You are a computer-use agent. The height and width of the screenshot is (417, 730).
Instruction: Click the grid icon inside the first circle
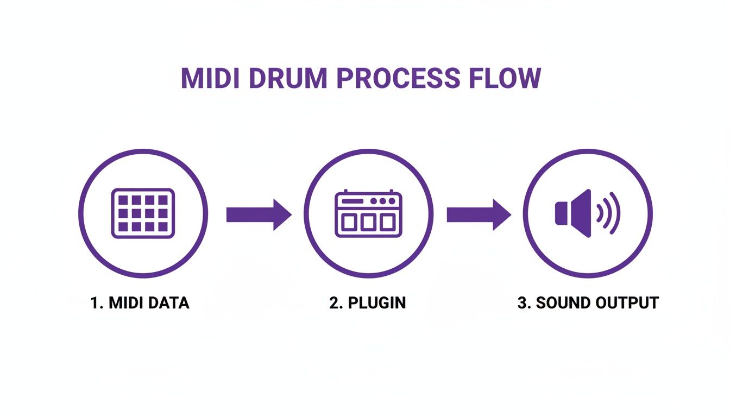(143, 213)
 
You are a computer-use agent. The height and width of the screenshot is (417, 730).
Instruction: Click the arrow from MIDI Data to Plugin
(259, 214)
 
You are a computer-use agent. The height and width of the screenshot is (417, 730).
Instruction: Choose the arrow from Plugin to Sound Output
(479, 214)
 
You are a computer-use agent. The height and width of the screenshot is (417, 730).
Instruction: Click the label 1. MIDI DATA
(140, 302)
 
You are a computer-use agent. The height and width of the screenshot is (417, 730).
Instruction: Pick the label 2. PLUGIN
(367, 302)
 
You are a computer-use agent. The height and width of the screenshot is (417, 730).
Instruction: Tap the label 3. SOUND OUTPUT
(588, 302)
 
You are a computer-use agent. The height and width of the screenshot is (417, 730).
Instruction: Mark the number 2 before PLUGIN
(333, 302)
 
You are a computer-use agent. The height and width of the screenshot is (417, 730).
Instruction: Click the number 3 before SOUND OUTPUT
(522, 302)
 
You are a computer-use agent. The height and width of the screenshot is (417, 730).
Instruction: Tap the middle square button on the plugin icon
(368, 222)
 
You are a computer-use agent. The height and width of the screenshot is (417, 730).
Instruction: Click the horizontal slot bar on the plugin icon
(351, 201)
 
